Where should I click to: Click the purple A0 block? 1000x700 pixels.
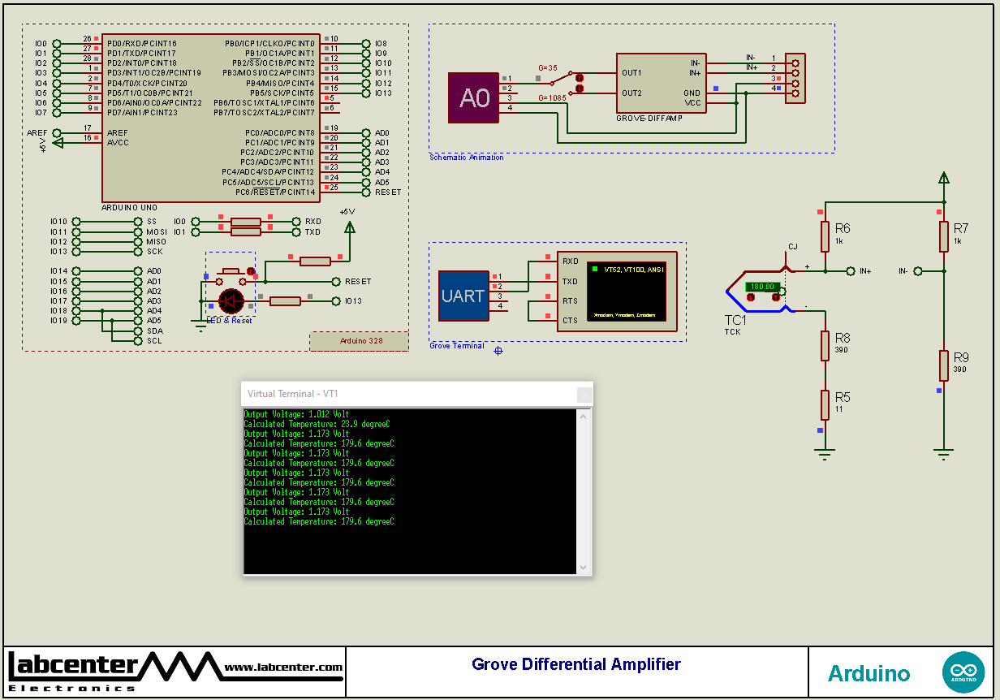(x=474, y=98)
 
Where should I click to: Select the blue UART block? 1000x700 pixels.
(x=463, y=296)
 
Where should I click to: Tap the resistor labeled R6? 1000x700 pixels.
(x=825, y=236)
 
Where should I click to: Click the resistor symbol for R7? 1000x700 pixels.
(x=943, y=236)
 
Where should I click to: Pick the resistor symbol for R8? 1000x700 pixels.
(x=825, y=345)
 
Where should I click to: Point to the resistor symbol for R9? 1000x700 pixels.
(x=943, y=365)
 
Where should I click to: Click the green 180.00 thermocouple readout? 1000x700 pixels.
(x=762, y=287)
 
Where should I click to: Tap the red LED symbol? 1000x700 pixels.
(x=231, y=301)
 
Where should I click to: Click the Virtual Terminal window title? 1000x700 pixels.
(x=292, y=394)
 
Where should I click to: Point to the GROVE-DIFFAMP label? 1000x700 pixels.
(x=649, y=119)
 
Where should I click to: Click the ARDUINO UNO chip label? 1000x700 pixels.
(x=130, y=208)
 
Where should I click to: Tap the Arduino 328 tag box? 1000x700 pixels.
(x=359, y=341)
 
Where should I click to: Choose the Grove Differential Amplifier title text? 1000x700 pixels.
(x=576, y=664)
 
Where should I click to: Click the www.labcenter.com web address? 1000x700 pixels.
(x=283, y=668)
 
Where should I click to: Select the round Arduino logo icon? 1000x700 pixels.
(x=963, y=672)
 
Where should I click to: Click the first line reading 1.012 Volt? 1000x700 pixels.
(x=296, y=414)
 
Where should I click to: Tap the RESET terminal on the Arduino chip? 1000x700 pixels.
(x=387, y=192)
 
